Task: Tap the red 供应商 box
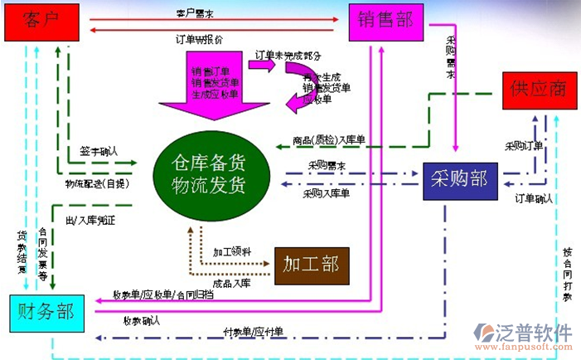pos(538,90)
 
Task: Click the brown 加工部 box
pos(311,265)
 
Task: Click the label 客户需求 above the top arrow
pos(196,14)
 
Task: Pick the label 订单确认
pos(533,199)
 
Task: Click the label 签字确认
pos(99,152)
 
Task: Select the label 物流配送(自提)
pos(97,183)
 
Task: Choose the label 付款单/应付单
pos(254,332)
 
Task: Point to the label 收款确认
pos(142,320)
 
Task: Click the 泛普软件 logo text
pos(535,332)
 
